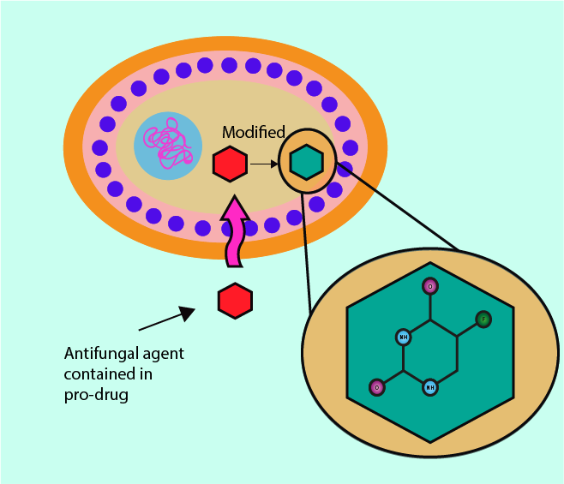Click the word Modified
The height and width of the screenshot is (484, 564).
254,132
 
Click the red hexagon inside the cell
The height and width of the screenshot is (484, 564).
230,164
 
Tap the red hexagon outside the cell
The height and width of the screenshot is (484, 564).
235,301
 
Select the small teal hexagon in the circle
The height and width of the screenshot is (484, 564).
306,162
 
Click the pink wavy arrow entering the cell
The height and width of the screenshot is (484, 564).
234,231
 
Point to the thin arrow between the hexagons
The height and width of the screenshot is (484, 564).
264,164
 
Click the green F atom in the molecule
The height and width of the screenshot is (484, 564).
483,320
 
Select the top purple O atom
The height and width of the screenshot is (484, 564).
430,286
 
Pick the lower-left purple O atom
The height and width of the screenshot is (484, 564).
375,388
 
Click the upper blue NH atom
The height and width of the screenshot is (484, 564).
403,337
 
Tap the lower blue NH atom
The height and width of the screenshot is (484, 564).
430,387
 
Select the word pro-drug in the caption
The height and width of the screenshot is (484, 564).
96,395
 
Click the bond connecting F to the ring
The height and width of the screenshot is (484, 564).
471,328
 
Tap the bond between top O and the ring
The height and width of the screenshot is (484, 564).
430,305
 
